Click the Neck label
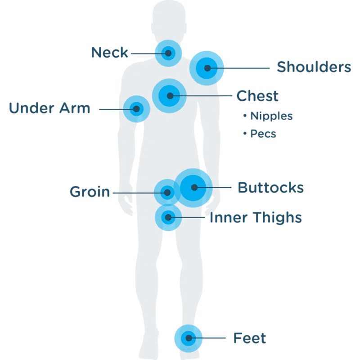[x=109, y=52]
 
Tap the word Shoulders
[x=314, y=67]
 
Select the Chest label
[x=257, y=96]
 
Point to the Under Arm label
[x=49, y=108]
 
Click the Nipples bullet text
[x=271, y=116]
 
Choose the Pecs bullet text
[x=263, y=134]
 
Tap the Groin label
[x=90, y=192]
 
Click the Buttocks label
[x=271, y=188]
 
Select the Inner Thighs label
[x=256, y=217]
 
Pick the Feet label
[x=250, y=338]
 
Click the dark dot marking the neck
[x=168, y=53]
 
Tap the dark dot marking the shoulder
[x=207, y=68]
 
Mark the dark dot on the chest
[x=170, y=96]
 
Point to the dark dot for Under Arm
[x=137, y=109]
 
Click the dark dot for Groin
[x=167, y=193]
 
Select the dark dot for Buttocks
[x=194, y=188]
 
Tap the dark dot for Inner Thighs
[x=168, y=217]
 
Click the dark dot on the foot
[x=189, y=338]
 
